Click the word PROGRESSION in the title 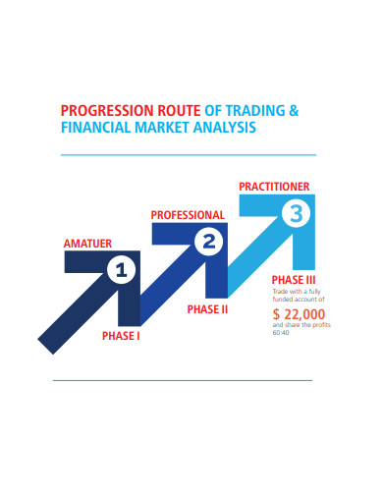click(x=100, y=111)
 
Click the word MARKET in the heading click(x=164, y=128)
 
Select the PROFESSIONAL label click(x=188, y=214)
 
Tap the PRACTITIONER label click(x=275, y=186)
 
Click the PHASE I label click(x=121, y=336)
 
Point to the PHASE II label click(x=207, y=308)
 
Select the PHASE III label click(x=292, y=280)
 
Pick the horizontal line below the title click(x=188, y=154)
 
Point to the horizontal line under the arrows click(x=182, y=380)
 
